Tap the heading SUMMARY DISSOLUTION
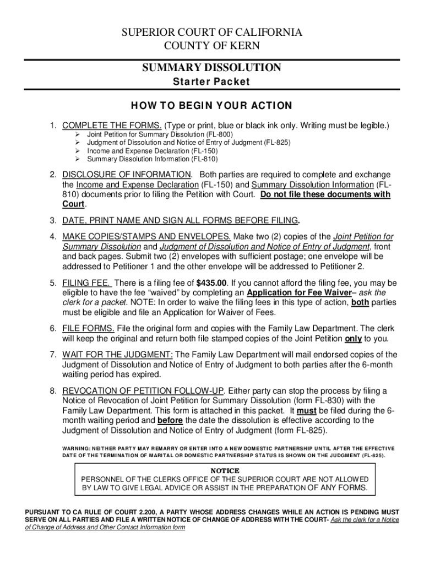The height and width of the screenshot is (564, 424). (212, 68)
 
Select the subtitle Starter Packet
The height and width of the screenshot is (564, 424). (211, 82)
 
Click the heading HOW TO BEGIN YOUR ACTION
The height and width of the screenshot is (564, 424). (211, 106)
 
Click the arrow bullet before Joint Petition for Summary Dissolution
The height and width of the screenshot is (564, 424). (79, 134)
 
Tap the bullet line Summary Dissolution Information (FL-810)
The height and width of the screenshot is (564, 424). (152, 160)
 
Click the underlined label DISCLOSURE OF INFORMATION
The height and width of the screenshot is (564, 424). (123, 175)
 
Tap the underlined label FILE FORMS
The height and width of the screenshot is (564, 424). (88, 329)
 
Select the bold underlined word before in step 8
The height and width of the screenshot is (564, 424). (170, 420)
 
